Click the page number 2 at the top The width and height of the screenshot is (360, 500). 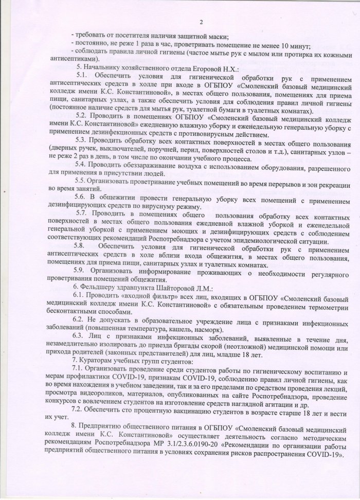pyautogui.click(x=202, y=21)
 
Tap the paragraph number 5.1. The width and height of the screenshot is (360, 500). pyautogui.click(x=82, y=76)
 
